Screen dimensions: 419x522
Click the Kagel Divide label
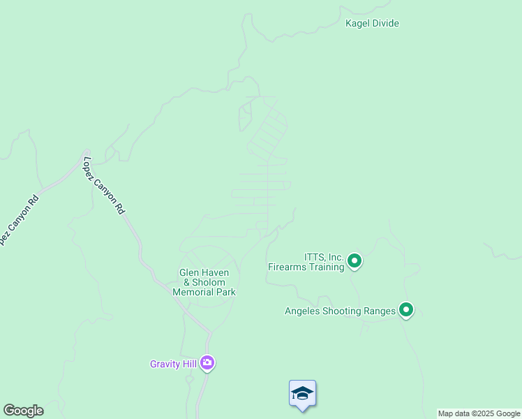(x=372, y=23)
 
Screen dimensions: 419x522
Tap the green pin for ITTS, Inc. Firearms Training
(x=355, y=261)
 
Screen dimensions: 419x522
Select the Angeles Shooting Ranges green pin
(x=406, y=310)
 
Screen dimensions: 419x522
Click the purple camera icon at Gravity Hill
(x=207, y=363)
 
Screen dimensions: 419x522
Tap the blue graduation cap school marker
(x=302, y=394)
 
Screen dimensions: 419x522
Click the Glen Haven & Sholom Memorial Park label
(x=204, y=282)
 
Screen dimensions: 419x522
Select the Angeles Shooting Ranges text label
(x=340, y=311)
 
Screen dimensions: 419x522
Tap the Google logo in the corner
(x=23, y=411)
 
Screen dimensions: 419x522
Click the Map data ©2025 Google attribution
(x=479, y=413)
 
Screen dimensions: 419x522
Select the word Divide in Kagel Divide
(x=386, y=23)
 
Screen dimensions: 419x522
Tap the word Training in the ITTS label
(x=327, y=267)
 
